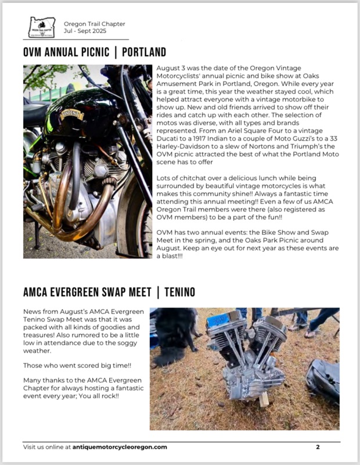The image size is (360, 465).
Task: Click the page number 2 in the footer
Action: pos(318,447)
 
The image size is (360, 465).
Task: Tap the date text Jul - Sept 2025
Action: pos(86,31)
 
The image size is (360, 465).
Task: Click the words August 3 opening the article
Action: pos(171,69)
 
